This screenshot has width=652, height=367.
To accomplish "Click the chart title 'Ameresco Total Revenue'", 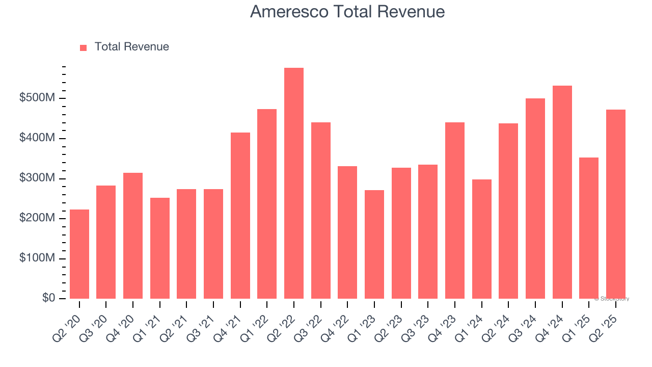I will pos(347,12).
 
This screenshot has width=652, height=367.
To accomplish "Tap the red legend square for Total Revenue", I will pos(84,47).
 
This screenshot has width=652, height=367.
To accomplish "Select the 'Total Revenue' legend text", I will pos(131,47).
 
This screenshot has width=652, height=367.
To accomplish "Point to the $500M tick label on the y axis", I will pos(37,98).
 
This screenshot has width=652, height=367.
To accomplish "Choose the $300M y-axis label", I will pos(37,178).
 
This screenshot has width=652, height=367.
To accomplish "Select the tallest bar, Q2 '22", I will pos(294,183).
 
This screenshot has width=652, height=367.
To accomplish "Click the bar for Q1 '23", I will pos(374,244).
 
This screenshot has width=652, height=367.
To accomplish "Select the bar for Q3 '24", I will pos(535,198).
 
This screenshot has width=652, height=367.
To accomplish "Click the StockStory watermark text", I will pos(612,299).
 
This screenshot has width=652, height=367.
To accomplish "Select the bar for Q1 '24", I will pos(482,239).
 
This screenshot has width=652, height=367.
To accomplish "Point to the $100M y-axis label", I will pos(37,258).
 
